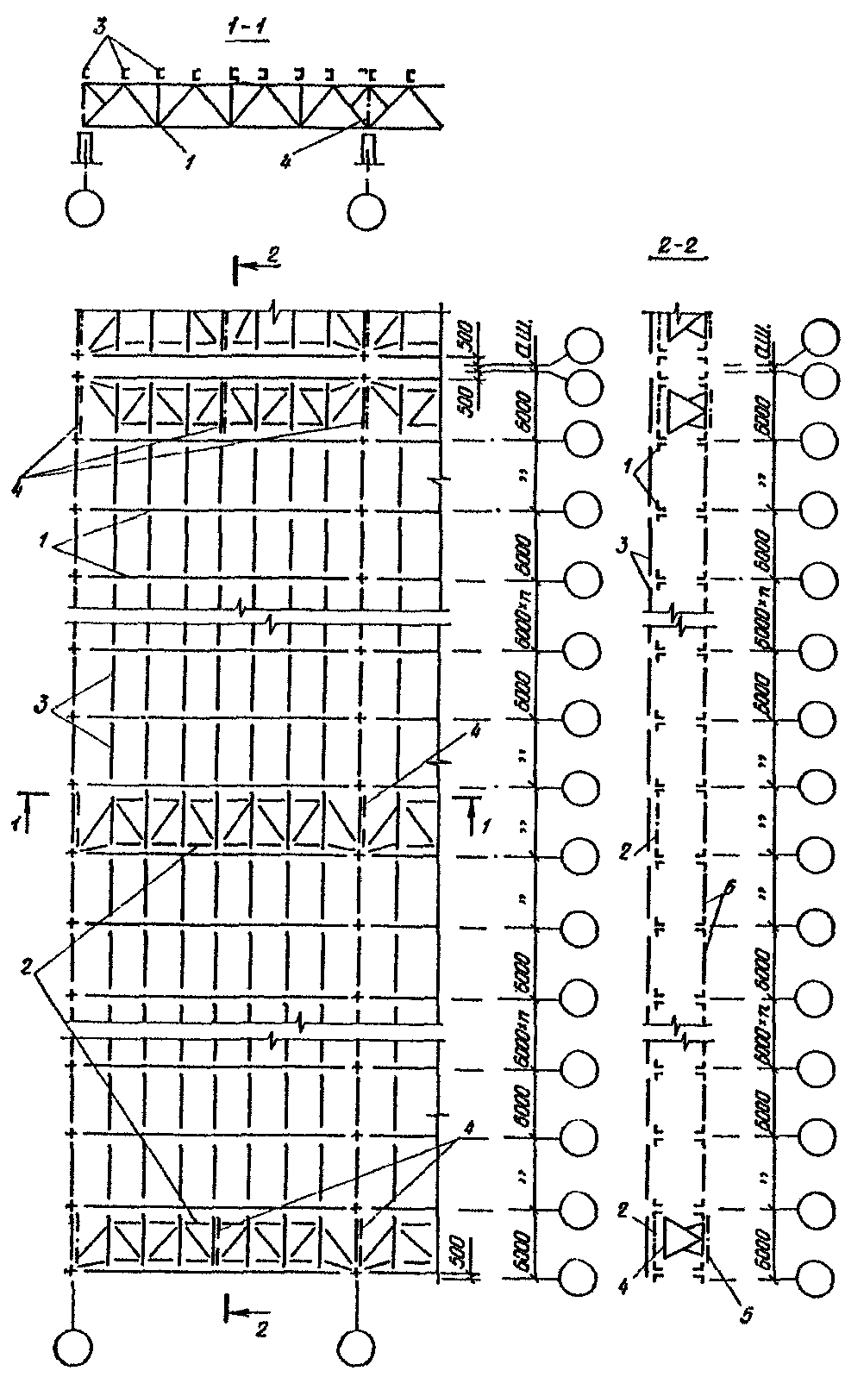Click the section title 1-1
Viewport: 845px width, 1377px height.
(245, 28)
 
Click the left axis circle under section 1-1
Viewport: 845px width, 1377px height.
(84, 208)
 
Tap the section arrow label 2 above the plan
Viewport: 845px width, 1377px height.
(272, 255)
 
